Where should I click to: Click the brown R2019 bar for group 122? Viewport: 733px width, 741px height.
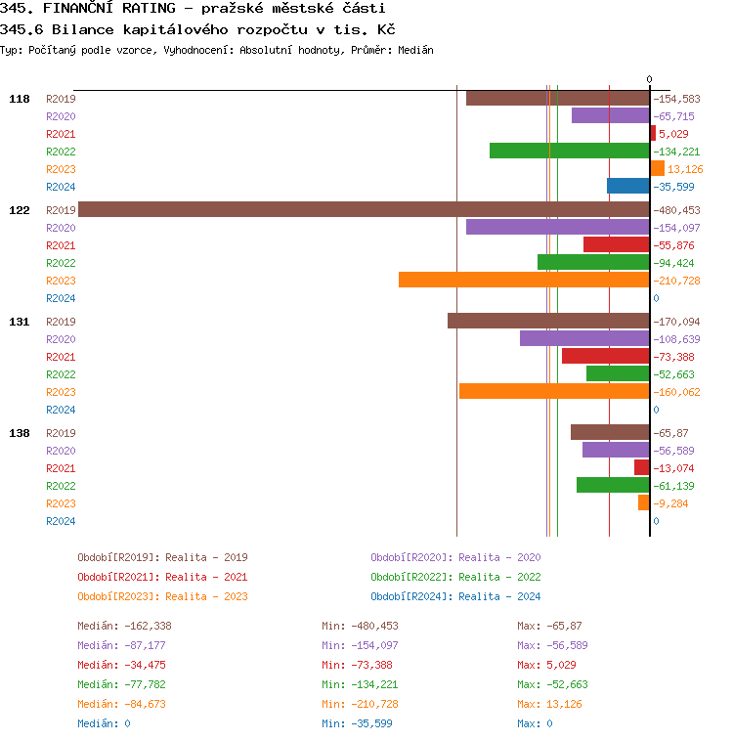(x=364, y=209)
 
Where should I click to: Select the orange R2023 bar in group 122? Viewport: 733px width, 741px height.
(x=524, y=280)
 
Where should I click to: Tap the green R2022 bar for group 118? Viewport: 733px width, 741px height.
(x=569, y=151)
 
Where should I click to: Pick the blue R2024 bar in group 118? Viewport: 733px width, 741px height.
(x=627, y=186)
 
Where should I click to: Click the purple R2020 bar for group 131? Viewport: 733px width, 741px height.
(x=584, y=338)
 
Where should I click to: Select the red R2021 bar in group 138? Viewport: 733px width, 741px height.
(x=641, y=467)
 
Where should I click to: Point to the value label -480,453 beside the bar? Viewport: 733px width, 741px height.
(x=676, y=210)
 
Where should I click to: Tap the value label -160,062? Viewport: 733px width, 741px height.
(x=676, y=392)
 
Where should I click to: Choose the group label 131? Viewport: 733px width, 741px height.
(x=20, y=322)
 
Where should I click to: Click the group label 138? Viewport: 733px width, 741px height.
(x=20, y=433)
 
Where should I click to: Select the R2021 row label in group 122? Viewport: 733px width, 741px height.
(x=61, y=245)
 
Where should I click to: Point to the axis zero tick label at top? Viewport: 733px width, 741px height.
(x=649, y=79)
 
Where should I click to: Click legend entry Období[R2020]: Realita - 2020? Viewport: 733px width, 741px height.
(x=455, y=557)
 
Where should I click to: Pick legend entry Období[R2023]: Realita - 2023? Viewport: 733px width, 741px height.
(x=162, y=596)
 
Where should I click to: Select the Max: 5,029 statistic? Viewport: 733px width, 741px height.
(x=546, y=665)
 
